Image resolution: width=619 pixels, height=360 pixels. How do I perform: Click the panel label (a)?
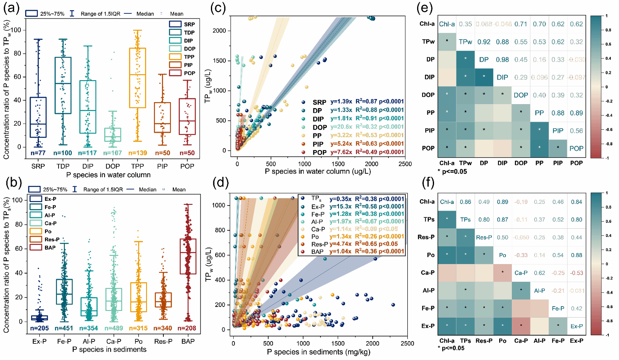coord(11,8)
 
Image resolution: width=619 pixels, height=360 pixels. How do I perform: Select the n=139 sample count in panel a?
coord(138,153)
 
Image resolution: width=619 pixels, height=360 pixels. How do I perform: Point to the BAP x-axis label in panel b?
coord(188,342)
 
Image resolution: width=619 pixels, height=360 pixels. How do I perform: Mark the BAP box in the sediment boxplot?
coord(188,256)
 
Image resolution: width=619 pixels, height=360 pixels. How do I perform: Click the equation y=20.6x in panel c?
coord(341,127)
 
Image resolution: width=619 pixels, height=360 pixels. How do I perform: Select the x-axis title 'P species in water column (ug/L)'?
coord(318,171)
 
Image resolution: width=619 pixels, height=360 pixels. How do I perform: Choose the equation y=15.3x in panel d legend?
coord(340,206)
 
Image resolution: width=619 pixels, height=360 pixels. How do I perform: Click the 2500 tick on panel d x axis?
coord(407,343)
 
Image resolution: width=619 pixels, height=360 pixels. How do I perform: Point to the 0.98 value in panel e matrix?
coord(502,60)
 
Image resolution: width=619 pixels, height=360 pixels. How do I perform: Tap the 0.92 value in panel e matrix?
coord(484,42)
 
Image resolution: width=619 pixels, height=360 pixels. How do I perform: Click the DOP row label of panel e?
coord(428,95)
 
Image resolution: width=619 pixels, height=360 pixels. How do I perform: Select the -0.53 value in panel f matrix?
coord(576,273)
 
